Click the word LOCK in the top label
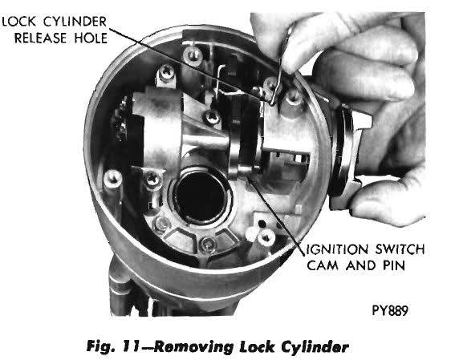coord(19,22)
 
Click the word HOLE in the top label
coord(91,38)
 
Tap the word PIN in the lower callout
coord(393,265)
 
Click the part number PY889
coord(390,310)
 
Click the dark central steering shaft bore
coord(201,196)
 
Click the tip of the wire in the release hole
coord(272,104)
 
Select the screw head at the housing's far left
coord(112,178)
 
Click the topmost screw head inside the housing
coord(192,54)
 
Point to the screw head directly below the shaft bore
coord(208,243)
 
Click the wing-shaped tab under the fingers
coord(363,118)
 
